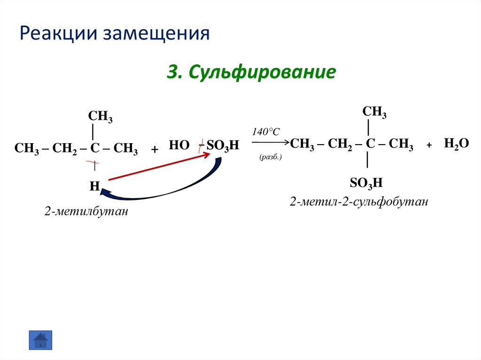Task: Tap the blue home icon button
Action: pos(41,339)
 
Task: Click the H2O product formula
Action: pos(457,144)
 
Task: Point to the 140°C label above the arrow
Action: pos(266,132)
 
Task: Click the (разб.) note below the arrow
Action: pos(270,158)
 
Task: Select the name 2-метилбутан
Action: pos(86,212)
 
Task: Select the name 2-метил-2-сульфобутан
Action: pos(359,202)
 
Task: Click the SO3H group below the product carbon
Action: pos(366,182)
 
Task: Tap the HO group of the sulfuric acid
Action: pos(178,146)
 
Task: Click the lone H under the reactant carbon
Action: pos(94,186)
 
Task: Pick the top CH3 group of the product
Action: pos(374,112)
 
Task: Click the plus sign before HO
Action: pos(154,149)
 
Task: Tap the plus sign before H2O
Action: pos(429,146)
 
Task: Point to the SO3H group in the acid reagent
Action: pos(219,146)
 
